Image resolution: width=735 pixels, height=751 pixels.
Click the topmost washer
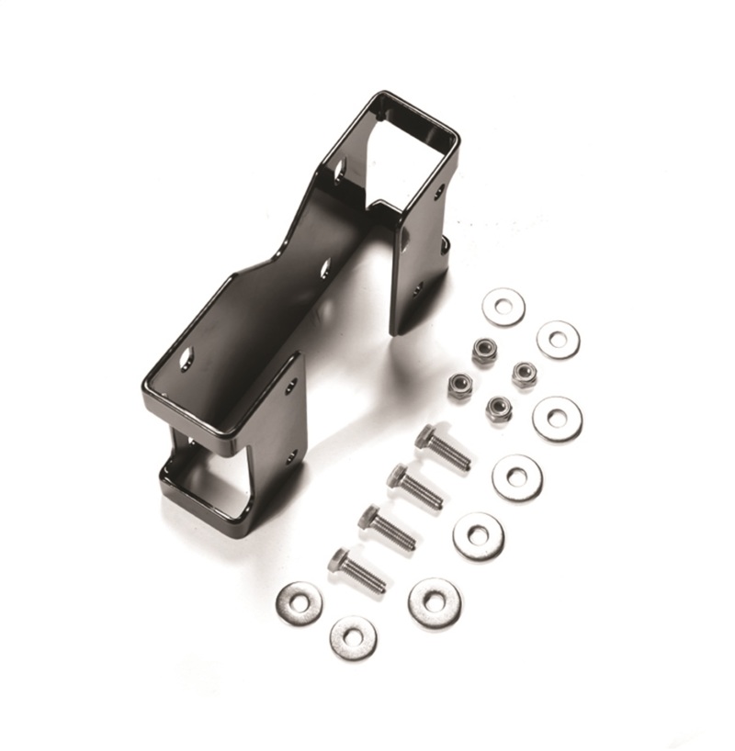(503, 307)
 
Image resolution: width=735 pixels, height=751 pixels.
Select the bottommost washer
(353, 637)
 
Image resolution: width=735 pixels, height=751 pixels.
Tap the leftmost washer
(300, 603)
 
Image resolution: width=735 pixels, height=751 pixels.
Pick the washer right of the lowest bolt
(435, 603)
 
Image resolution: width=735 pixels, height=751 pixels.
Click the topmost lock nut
(484, 351)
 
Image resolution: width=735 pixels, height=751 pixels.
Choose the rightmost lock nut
(525, 374)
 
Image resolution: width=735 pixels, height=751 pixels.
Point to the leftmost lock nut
(459, 385)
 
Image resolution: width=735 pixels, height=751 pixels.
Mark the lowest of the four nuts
(499, 409)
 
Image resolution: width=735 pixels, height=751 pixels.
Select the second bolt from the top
(414, 487)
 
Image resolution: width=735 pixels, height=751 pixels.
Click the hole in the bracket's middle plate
(325, 269)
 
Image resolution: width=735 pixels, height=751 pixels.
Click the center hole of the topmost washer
(503, 307)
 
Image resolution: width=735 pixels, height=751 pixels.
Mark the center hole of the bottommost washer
(353, 637)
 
